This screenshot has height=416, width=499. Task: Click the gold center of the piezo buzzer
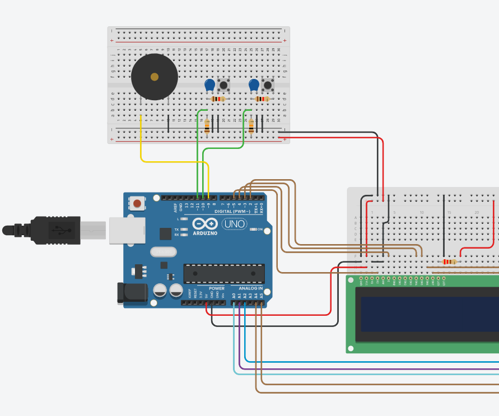point(155,77)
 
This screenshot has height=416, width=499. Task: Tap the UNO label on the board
point(234,224)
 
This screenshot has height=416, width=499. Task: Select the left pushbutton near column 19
point(223,86)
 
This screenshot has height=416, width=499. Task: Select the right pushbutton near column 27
point(268,86)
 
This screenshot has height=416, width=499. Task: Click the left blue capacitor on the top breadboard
point(209,85)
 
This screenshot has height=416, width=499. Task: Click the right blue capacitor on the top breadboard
point(254,85)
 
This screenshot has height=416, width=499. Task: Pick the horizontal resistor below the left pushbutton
point(218,99)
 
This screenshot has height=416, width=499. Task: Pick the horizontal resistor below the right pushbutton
point(262,99)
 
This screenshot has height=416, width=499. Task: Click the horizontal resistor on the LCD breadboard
point(449,261)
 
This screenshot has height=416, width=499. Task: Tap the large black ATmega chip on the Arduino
point(224,273)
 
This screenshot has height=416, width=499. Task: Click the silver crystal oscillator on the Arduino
point(163,252)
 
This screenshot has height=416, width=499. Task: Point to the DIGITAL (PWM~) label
point(232,211)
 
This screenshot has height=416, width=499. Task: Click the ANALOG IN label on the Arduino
point(251,288)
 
